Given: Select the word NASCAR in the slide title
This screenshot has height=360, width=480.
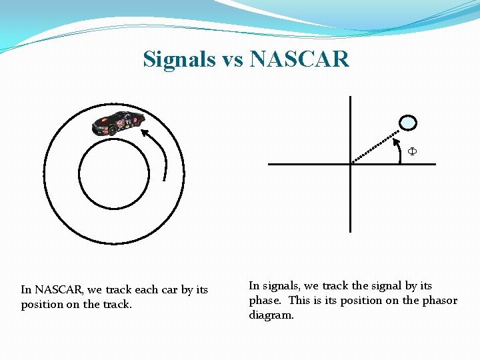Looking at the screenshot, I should coord(299,59).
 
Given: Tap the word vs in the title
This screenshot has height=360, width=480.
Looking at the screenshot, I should coord(232,60).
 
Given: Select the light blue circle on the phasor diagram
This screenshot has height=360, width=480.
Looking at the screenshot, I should coord(407,123).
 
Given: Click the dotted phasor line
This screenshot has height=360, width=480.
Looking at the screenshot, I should coord(376,145).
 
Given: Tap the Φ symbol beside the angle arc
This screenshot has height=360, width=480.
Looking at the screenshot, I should coord(412,151).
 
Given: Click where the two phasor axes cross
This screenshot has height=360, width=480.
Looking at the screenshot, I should coord(350,164).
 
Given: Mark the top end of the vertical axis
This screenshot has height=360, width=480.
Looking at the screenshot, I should coord(350,97).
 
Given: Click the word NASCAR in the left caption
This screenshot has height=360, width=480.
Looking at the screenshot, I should coord(59,290).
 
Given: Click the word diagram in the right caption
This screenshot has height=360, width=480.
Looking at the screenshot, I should coord(271,315).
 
